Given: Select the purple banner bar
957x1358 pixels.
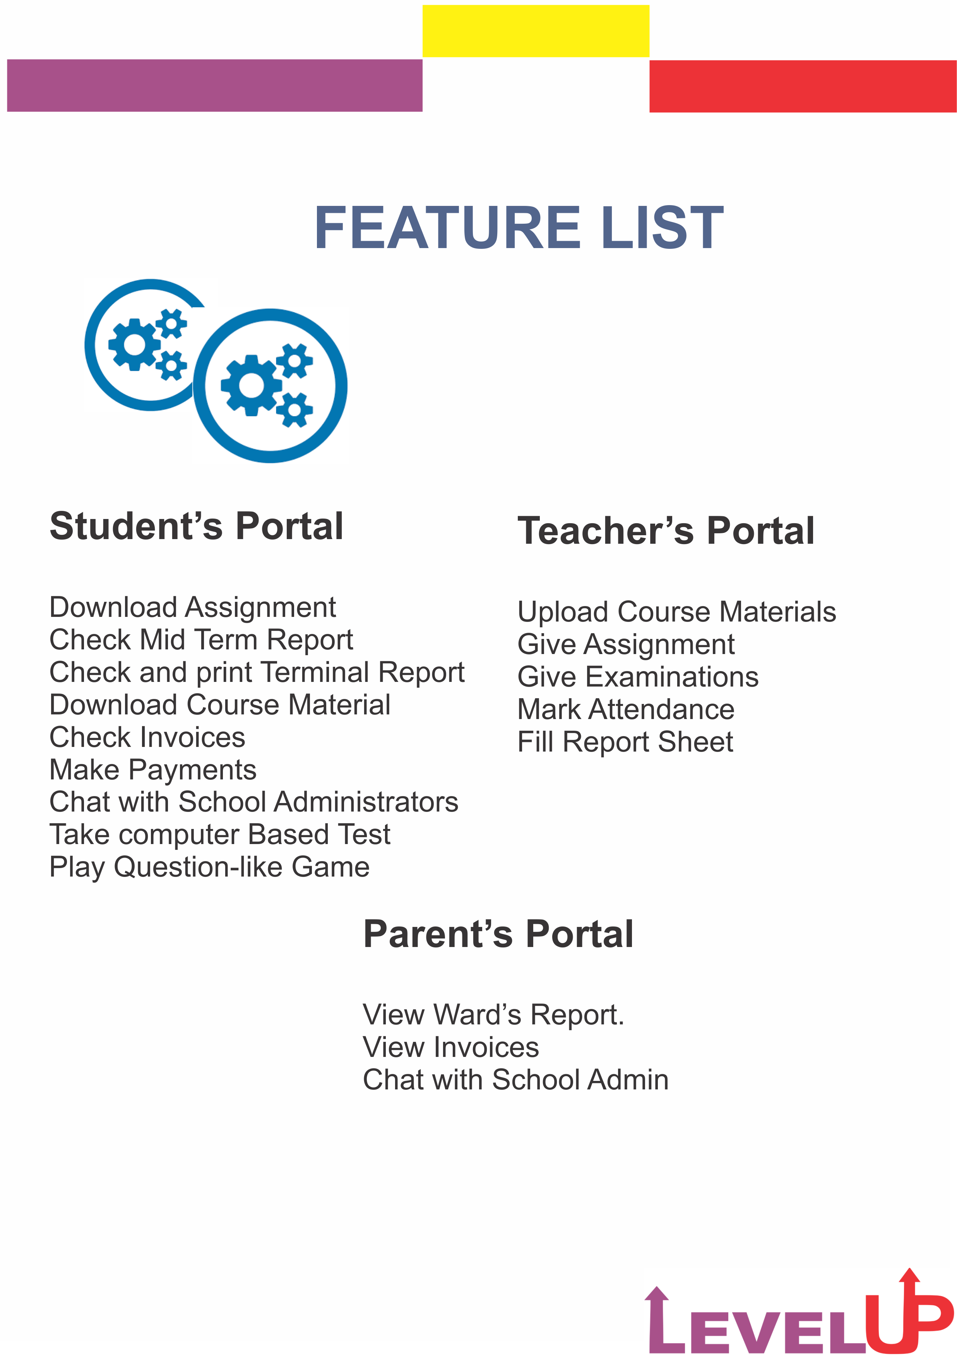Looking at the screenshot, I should [x=215, y=85].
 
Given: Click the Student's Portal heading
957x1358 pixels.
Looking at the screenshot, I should [x=196, y=526].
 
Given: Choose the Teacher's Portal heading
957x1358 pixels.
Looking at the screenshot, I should [x=666, y=531].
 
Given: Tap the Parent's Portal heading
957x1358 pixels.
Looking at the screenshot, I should [x=498, y=935].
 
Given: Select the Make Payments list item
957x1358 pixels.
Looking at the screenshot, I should [x=152, y=769].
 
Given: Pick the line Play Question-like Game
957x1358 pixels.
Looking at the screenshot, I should [x=209, y=867].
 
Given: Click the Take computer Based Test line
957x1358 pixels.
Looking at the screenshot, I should [x=219, y=834].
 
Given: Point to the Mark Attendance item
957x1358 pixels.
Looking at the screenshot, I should [x=626, y=709].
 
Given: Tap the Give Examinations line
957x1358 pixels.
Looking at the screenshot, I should [x=638, y=676].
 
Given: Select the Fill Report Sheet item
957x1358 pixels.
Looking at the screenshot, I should [x=625, y=742].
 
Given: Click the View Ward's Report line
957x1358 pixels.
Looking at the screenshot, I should [x=493, y=1015].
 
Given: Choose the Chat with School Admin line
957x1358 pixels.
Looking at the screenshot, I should [x=515, y=1080].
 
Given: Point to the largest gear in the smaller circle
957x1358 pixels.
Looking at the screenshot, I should [x=135, y=344].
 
